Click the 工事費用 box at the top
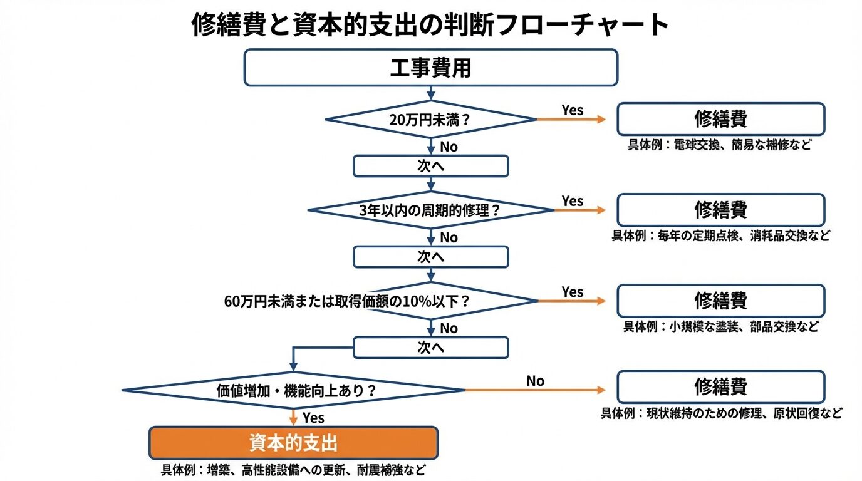point(430,68)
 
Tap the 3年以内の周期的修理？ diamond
point(430,210)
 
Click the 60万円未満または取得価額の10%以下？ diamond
point(430,301)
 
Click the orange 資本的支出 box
point(293,443)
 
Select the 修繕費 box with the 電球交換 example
point(720,119)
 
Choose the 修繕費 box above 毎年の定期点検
point(720,210)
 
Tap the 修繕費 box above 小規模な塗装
point(720,301)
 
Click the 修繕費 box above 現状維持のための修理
point(720,387)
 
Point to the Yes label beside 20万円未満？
point(572,110)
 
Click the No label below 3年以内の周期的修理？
point(449,238)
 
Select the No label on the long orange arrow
point(535,381)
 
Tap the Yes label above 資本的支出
point(313,417)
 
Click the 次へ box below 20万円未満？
point(430,166)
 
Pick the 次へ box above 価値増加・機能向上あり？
point(430,348)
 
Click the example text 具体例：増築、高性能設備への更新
point(293,470)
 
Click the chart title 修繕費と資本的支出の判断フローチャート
point(430,25)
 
